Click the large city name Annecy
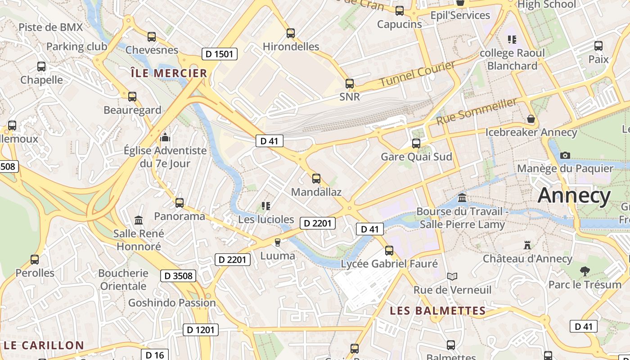point(574,196)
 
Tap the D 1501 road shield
point(219,54)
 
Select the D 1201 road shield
point(201,330)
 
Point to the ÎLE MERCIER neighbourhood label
point(169,73)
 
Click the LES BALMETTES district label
point(437,310)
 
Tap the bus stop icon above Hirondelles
point(291,33)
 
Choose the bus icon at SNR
point(350,83)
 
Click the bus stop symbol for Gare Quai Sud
point(416,144)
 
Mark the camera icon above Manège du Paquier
point(565,156)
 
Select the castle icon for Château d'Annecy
point(527,245)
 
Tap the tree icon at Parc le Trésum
point(585,271)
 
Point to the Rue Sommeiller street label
point(477,112)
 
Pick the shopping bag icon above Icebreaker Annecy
point(531,119)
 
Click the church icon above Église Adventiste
point(165,137)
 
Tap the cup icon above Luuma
point(278,243)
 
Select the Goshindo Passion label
point(172,302)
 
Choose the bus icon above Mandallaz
point(316,179)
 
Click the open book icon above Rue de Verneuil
point(452,276)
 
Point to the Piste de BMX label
point(51,27)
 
